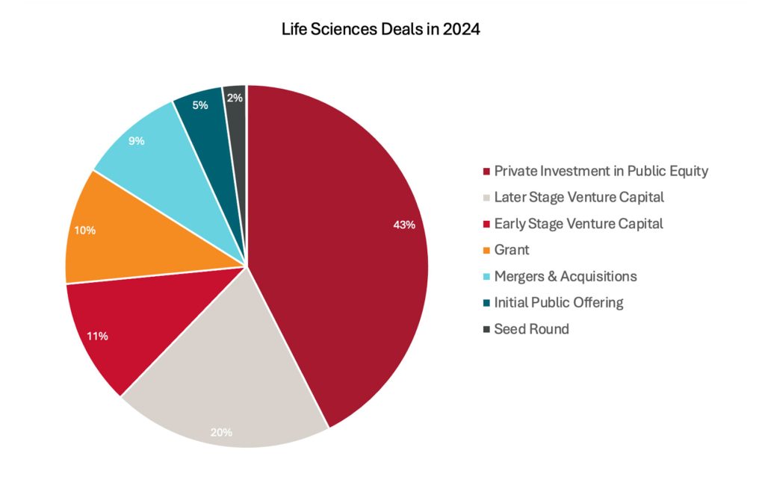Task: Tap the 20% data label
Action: click(x=221, y=432)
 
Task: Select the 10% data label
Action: click(x=84, y=231)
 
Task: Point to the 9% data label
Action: click(x=136, y=140)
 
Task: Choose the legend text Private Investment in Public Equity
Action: click(x=601, y=171)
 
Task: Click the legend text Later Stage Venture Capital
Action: click(x=579, y=198)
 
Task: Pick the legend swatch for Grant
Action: click(x=486, y=251)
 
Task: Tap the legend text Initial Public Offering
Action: click(x=558, y=302)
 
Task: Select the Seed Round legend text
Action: click(x=531, y=329)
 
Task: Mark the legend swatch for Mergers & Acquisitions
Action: click(x=486, y=277)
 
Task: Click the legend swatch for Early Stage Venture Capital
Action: click(x=486, y=224)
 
